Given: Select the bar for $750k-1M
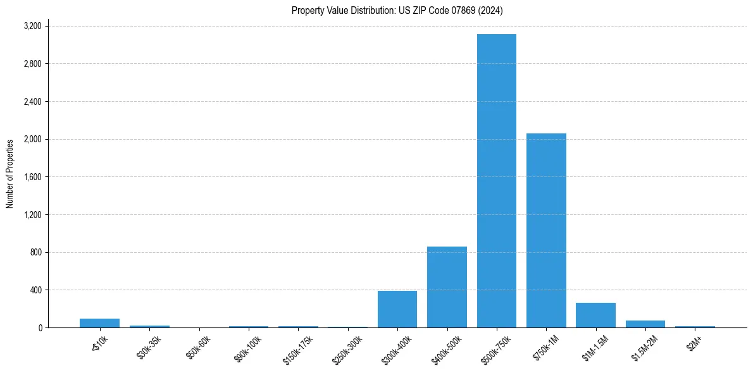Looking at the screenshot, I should (546, 230).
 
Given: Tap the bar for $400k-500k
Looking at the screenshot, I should (447, 287).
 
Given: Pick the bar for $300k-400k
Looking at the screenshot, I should (397, 309).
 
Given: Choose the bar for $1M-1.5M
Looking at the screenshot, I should (595, 315).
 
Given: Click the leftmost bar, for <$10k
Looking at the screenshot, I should (99, 323).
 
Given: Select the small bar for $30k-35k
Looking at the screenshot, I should (149, 326).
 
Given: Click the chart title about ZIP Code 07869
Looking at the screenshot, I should (397, 10).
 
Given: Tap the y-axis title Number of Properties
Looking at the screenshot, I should (10, 174).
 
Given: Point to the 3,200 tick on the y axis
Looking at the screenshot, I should (32, 26).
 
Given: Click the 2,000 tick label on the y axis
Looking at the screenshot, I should (32, 139).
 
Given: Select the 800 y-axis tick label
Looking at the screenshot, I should (35, 252).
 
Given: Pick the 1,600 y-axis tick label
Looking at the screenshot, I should (32, 177).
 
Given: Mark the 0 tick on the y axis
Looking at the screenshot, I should (39, 327).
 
